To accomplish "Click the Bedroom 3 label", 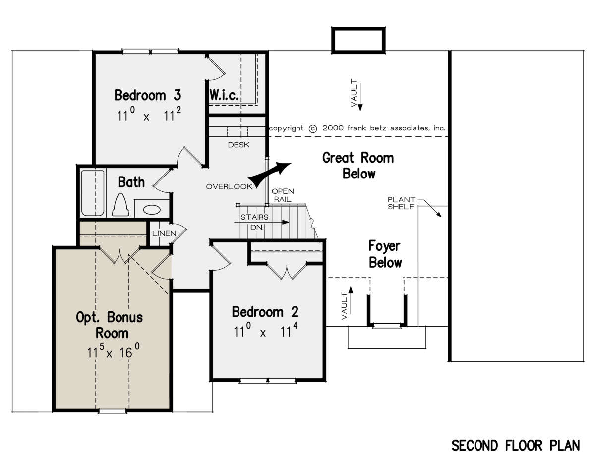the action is click(148, 95).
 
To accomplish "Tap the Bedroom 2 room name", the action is click(265, 312).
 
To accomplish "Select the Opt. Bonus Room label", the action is click(110, 325).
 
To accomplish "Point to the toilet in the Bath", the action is click(120, 205).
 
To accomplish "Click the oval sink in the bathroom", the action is click(152, 210).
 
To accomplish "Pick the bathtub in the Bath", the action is click(93, 193).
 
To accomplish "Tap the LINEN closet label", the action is click(164, 233).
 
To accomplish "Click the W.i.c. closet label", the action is click(224, 95).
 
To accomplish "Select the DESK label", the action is click(238, 145).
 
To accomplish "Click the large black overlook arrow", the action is click(270, 174).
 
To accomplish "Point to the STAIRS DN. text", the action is click(254, 222).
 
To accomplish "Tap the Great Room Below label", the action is click(358, 166).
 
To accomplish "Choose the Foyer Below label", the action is click(385, 254).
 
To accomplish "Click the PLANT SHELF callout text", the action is click(401, 203).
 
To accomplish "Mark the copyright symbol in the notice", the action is click(313, 129).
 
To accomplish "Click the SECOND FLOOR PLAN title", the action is click(516, 446).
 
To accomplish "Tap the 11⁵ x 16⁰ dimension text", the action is click(113, 351).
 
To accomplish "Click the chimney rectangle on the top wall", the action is click(358, 40).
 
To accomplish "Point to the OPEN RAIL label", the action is click(283, 195).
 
